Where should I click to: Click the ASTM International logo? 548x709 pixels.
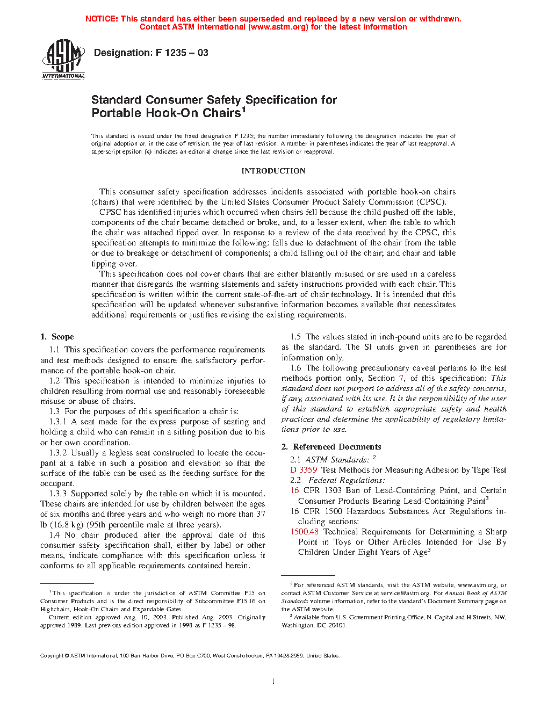pos(63,60)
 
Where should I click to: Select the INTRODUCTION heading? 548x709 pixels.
pos(273,171)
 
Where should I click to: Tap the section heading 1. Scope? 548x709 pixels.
pos(57,337)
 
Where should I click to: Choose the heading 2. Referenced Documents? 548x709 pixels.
pos(331,447)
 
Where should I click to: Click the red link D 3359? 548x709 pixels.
pos(304,470)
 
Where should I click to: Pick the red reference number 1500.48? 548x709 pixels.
pos(304,532)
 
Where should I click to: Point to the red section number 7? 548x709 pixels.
pos(401,378)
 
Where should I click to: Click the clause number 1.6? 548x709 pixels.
pos(295,368)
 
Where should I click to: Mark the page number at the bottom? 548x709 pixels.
pos(273,682)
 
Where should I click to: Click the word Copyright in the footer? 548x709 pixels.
pos(52,655)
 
